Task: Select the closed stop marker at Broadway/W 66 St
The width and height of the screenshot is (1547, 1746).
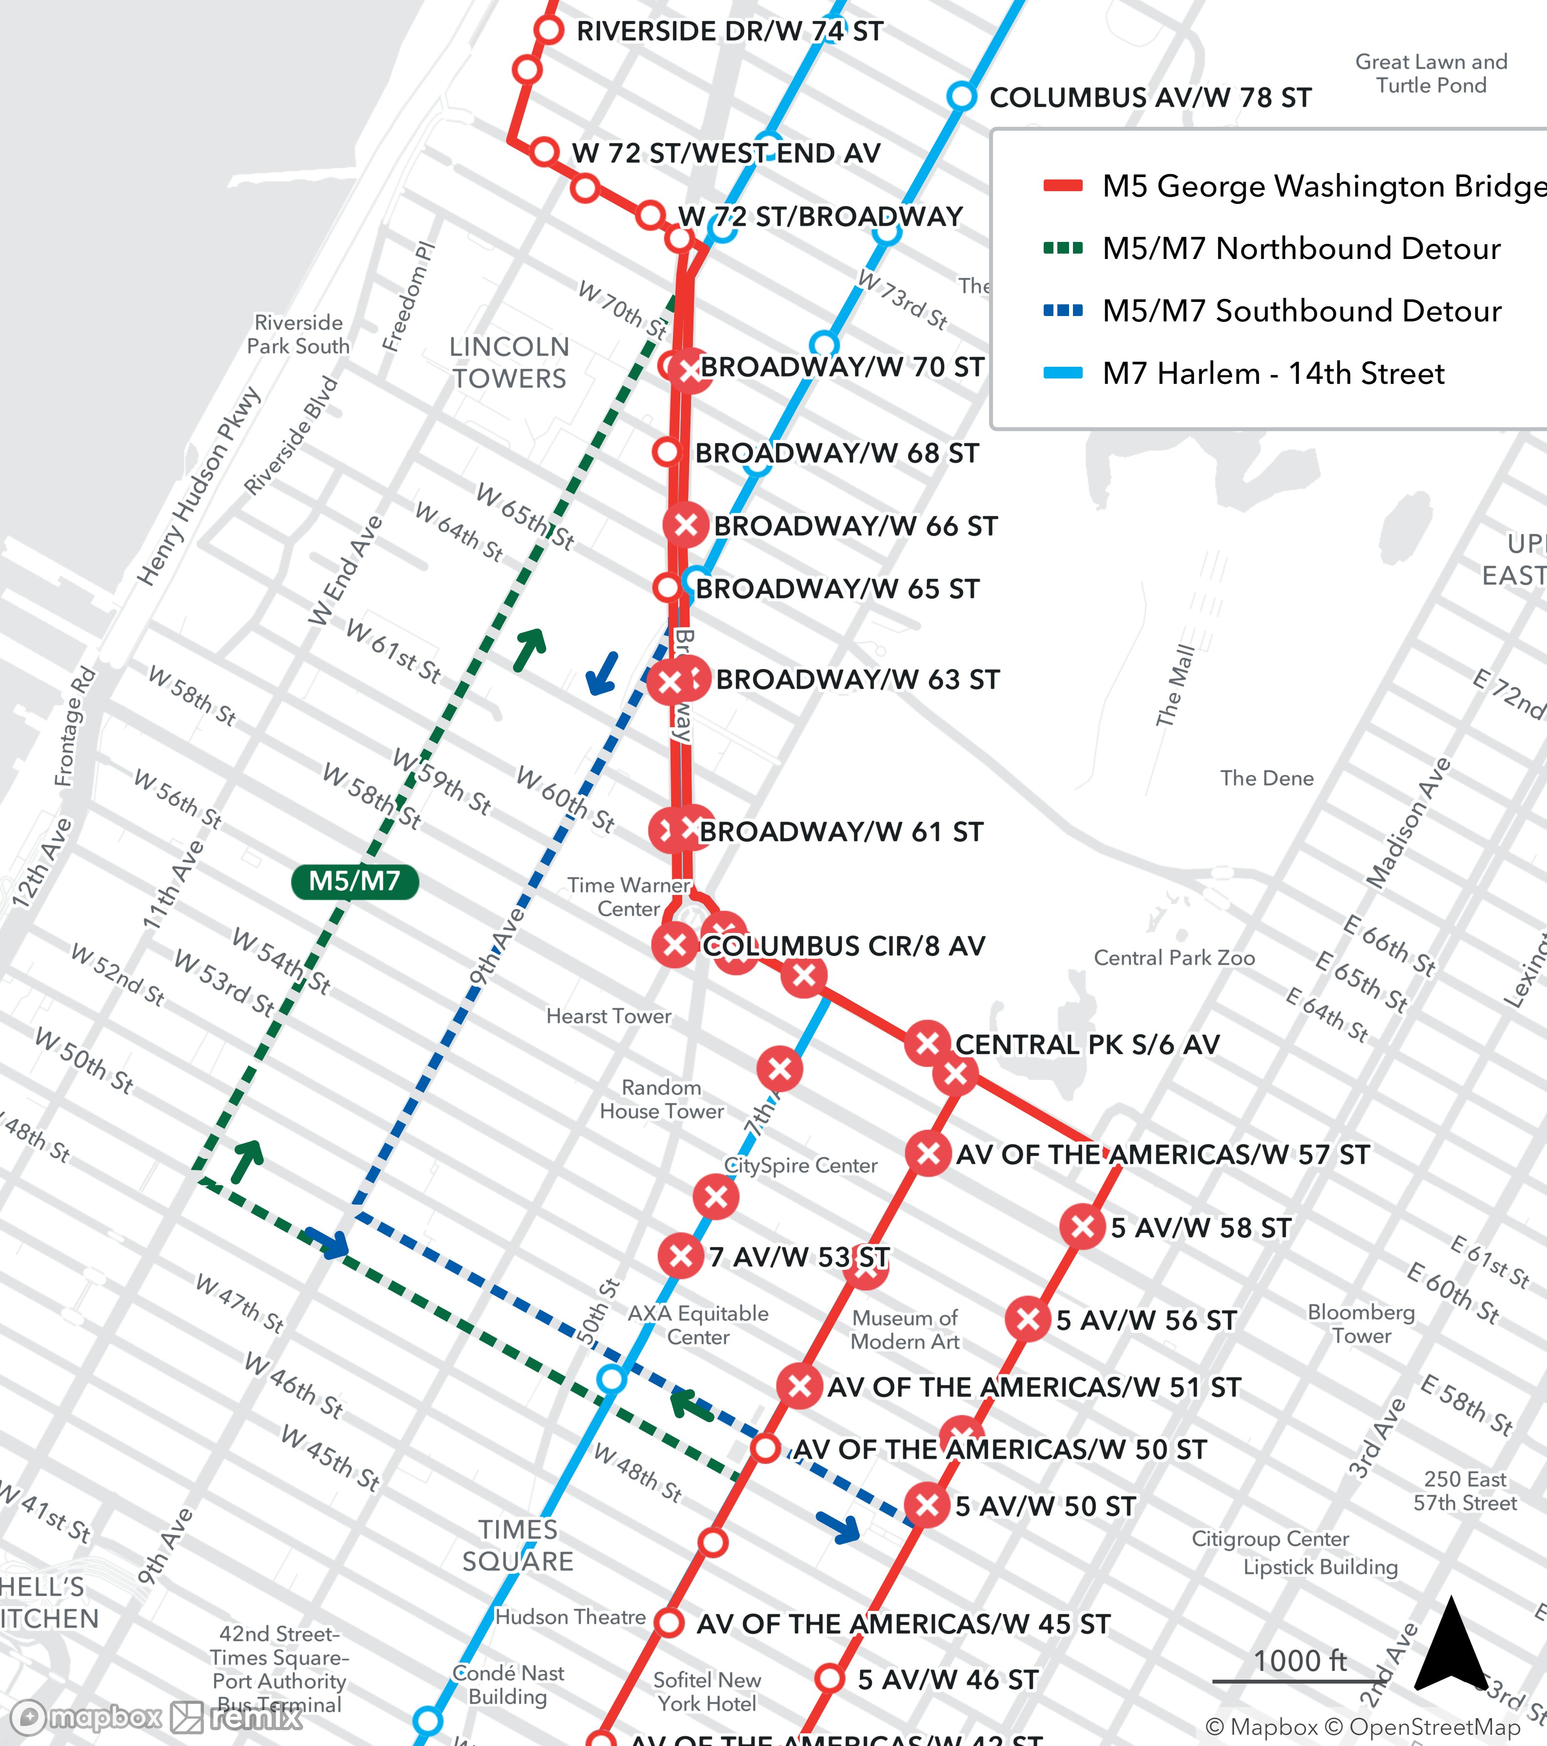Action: pyautogui.click(x=686, y=525)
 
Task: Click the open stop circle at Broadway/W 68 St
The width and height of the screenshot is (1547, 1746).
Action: pyautogui.click(x=667, y=452)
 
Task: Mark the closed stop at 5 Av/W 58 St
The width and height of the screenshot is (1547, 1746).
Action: pyautogui.click(x=1082, y=1227)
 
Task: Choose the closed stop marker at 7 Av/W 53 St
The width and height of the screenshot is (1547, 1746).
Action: pyautogui.click(x=681, y=1256)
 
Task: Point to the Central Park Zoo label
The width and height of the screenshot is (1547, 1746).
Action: pyautogui.click(x=1174, y=957)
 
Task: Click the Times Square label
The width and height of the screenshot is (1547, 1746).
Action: pyautogui.click(x=517, y=1545)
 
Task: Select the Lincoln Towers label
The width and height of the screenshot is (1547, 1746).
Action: pyautogui.click(x=509, y=362)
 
